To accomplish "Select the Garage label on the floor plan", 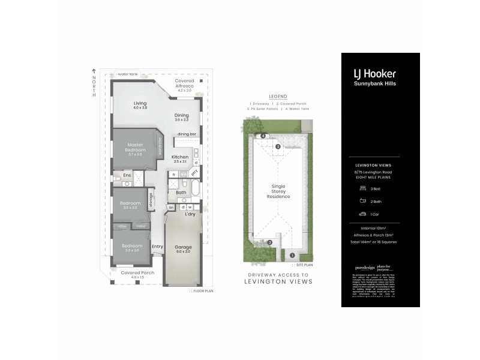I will pyautogui.click(x=182, y=249).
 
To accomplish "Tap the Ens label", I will pyautogui.click(x=127, y=175).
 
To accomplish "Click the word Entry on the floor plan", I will pyautogui.click(x=158, y=246).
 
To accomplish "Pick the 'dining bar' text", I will pyautogui.click(x=187, y=134).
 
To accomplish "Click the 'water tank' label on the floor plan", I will pyautogui.click(x=127, y=74).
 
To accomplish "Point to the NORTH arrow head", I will pyautogui.click(x=94, y=70).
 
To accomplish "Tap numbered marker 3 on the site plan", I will pyautogui.click(x=278, y=146).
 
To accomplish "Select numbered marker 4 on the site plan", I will pyautogui.click(x=263, y=136).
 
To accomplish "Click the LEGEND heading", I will pyautogui.click(x=278, y=97).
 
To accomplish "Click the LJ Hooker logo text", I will pyautogui.click(x=374, y=74).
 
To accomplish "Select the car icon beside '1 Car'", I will pyautogui.click(x=362, y=214).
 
